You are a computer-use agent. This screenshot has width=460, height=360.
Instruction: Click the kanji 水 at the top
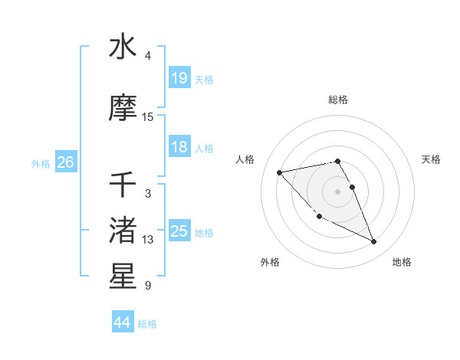coord(123,47)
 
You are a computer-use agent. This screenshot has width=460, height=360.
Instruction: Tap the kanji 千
coord(123,185)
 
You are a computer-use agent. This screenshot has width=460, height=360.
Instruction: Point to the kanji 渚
coord(123,231)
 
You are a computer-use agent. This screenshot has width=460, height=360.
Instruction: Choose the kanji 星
coord(123,277)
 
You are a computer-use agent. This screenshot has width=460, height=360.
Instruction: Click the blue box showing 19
coord(179,77)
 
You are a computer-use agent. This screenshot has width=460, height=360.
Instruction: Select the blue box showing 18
coord(179,147)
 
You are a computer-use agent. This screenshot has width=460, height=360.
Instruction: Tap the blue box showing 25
coord(179,231)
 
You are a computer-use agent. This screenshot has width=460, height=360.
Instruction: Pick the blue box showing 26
coord(66,162)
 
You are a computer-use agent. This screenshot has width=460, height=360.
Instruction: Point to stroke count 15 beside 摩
coord(148,116)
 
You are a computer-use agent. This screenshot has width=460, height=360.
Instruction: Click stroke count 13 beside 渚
coord(148,240)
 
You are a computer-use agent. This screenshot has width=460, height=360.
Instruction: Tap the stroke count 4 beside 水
coord(148,56)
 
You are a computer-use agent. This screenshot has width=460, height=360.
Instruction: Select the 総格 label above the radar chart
coord(338,100)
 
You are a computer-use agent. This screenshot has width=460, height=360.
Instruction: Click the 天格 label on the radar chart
coord(431,159)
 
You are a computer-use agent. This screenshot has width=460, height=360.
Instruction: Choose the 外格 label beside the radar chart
coord(270,262)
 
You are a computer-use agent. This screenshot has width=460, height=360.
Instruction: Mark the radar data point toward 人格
coord(279,172)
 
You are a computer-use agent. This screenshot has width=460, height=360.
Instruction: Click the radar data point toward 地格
coord(374,242)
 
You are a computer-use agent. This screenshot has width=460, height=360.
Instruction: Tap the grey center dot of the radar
coord(338,191)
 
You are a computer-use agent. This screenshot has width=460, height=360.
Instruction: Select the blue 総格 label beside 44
coord(147,324)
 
